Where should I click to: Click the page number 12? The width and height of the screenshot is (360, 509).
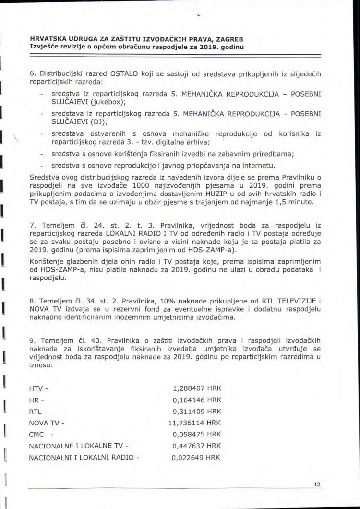click(317, 485)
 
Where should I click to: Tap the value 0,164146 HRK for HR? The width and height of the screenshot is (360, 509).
click(197, 399)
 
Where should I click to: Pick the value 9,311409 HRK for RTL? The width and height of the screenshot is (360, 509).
click(197, 411)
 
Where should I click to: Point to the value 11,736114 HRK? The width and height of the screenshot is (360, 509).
click(194, 423)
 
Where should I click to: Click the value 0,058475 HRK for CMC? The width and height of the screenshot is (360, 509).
click(197, 434)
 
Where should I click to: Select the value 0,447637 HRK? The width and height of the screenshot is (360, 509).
click(197, 446)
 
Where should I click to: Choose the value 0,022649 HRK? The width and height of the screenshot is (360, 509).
click(197, 457)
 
